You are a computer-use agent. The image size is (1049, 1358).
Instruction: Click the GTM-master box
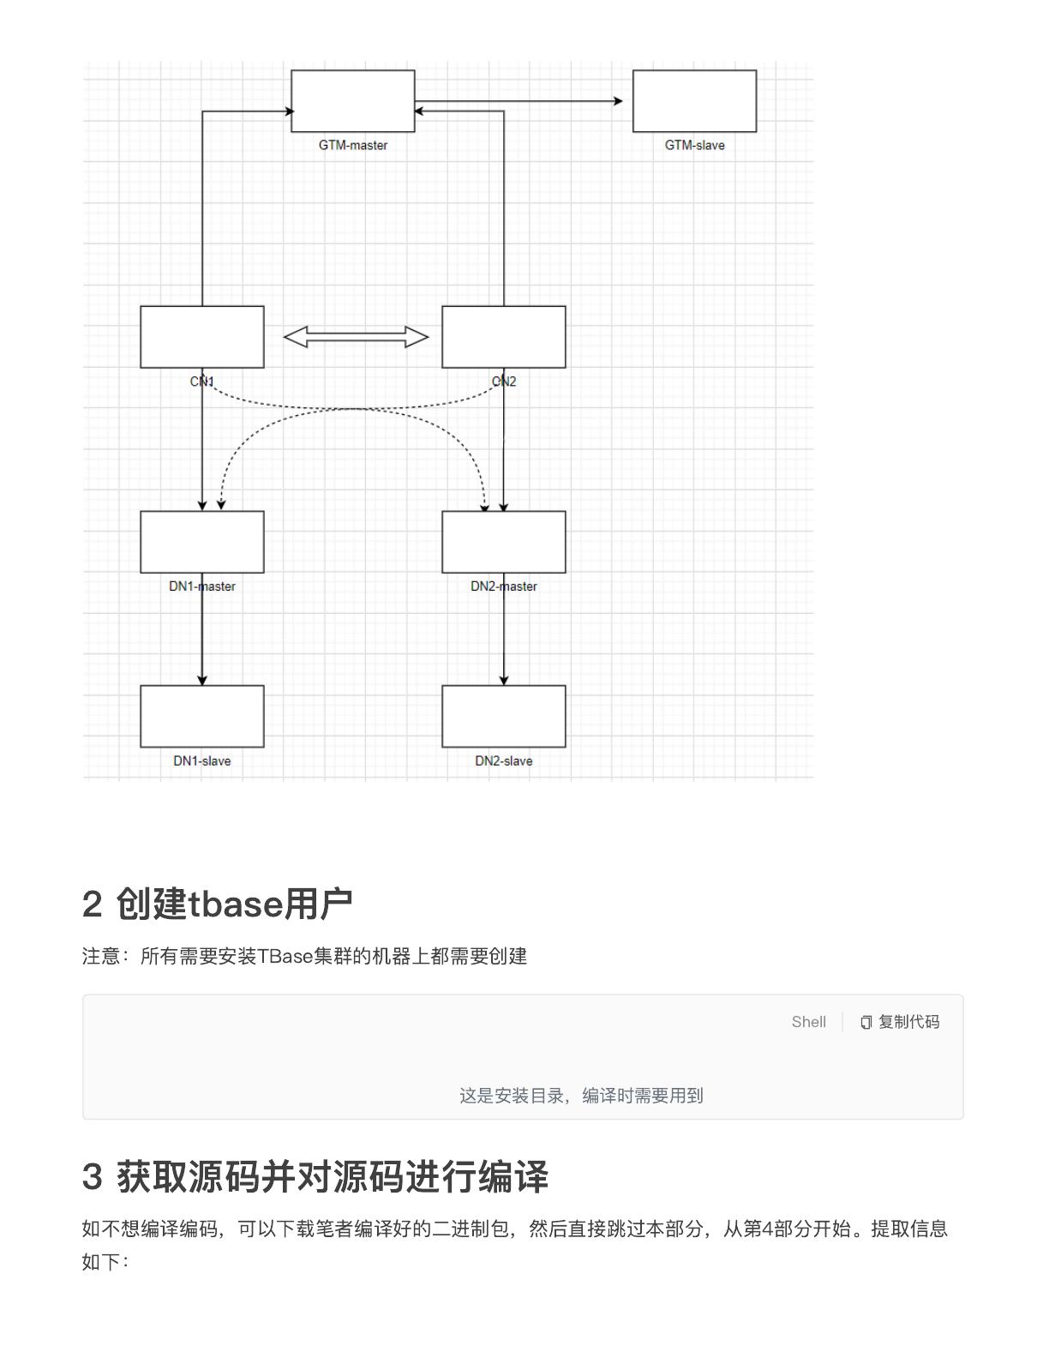pyautogui.click(x=353, y=100)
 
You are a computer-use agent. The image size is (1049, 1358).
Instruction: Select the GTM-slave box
pyautogui.click(x=695, y=100)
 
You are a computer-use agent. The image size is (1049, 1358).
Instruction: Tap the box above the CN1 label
pyautogui.click(x=201, y=337)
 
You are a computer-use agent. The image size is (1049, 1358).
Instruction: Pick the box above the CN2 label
pyautogui.click(x=504, y=337)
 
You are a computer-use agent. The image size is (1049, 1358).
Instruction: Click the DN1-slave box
pyautogui.click(x=201, y=716)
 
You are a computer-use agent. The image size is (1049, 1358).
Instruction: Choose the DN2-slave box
pyautogui.click(x=504, y=716)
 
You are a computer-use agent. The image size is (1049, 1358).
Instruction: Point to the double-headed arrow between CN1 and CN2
pyautogui.click(x=357, y=337)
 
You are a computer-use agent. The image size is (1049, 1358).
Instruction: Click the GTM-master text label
pyautogui.click(x=353, y=145)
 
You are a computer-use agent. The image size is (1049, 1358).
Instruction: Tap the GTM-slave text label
pyautogui.click(x=695, y=145)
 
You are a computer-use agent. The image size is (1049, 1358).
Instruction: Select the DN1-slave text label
pyautogui.click(x=201, y=760)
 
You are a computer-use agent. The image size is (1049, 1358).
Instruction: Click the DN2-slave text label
pyautogui.click(x=504, y=760)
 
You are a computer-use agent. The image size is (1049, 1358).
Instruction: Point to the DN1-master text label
pyautogui.click(x=201, y=586)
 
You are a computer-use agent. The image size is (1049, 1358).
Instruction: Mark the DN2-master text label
pyautogui.click(x=504, y=586)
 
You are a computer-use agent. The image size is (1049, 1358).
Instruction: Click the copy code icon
pyautogui.click(x=866, y=1022)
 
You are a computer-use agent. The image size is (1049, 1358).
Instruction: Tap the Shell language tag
pyautogui.click(x=808, y=1022)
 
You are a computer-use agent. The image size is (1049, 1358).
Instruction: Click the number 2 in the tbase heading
pyautogui.click(x=92, y=904)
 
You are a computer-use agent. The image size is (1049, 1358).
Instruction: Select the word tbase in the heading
pyautogui.click(x=236, y=904)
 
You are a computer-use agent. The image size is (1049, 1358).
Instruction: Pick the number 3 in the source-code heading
pyautogui.click(x=92, y=1177)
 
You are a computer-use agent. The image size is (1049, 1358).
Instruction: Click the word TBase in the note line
pyautogui.click(x=285, y=956)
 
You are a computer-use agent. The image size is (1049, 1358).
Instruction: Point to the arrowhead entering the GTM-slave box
pyautogui.click(x=619, y=100)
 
